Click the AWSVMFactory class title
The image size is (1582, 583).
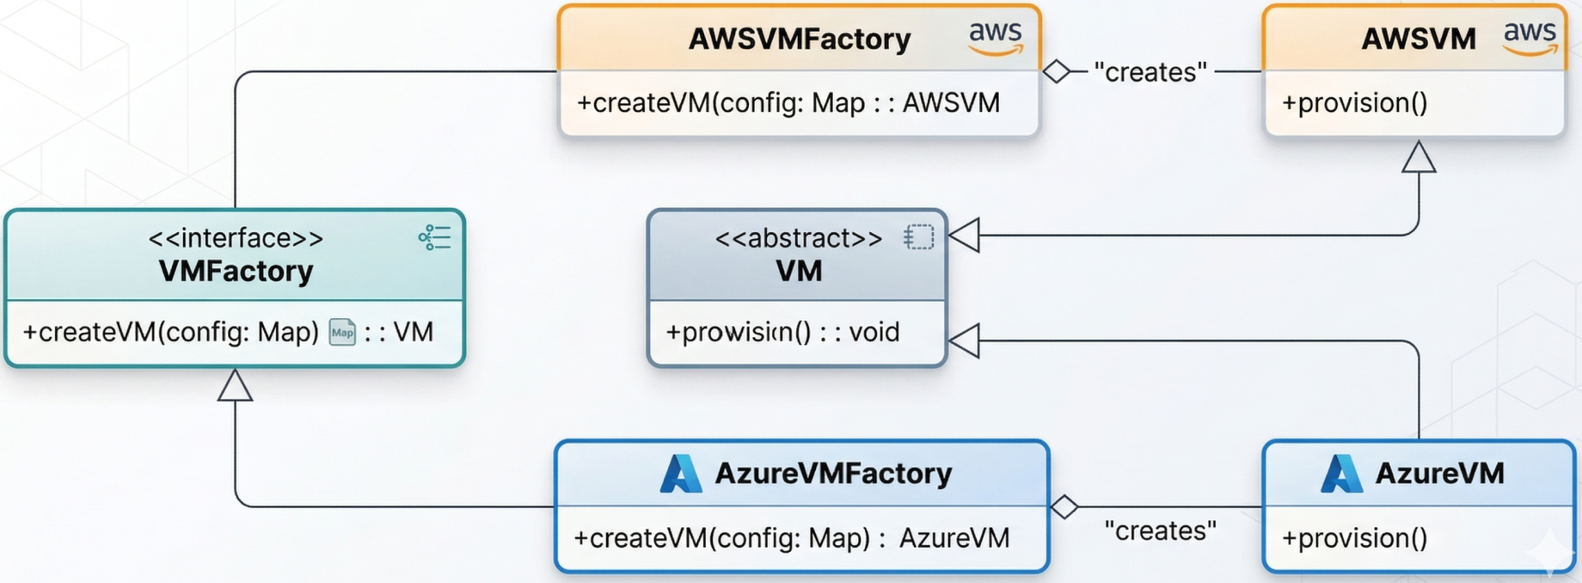(x=799, y=40)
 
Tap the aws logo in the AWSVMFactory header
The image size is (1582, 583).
(x=996, y=38)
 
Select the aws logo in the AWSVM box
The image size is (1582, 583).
(x=1530, y=38)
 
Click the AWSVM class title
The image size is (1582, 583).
(x=1419, y=40)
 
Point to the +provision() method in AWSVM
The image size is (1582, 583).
(x=1354, y=103)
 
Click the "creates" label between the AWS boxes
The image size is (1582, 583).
(x=1150, y=72)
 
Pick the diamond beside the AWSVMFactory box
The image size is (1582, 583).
(x=1056, y=71)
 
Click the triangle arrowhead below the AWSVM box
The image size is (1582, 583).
(x=1419, y=158)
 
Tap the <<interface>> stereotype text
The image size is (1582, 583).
(x=236, y=238)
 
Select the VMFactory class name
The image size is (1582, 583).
(x=236, y=272)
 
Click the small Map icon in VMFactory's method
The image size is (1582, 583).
(x=342, y=333)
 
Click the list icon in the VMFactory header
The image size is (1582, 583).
(x=434, y=237)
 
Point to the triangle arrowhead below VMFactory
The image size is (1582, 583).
(x=235, y=386)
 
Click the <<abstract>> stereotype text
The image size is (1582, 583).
(x=798, y=238)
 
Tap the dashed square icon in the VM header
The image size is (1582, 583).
(x=918, y=237)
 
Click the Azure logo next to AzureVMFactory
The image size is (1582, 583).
(x=680, y=474)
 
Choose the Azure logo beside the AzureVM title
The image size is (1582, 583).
(x=1340, y=474)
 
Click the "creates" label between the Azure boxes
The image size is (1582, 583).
(x=1160, y=531)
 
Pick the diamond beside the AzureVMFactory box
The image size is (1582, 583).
(x=1064, y=507)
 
